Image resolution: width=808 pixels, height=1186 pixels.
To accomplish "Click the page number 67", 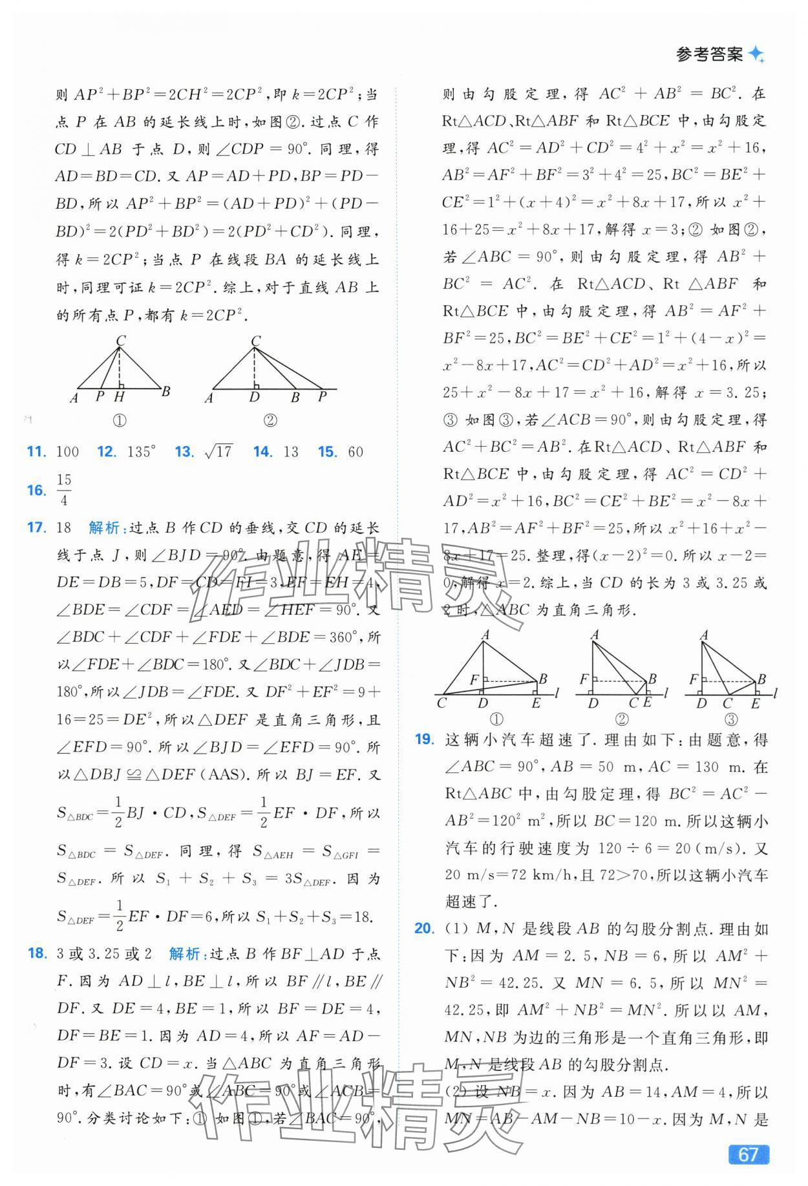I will [748, 1154].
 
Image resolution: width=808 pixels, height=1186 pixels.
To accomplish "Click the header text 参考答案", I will [709, 55].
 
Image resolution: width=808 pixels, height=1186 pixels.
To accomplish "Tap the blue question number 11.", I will [36, 452].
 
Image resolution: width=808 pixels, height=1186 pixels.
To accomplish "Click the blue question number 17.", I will [36, 527].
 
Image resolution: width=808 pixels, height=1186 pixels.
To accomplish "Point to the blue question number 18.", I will [36, 953].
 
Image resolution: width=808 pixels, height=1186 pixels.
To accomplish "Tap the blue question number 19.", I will [424, 739].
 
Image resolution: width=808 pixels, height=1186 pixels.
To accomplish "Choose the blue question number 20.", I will [424, 929].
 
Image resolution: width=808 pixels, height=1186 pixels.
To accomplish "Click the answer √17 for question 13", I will [218, 452].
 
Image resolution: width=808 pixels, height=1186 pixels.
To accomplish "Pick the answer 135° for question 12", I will [141, 452].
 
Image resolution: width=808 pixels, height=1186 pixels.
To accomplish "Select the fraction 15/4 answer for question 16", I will [64, 490].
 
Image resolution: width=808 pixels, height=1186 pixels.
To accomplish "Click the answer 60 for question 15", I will [356, 452].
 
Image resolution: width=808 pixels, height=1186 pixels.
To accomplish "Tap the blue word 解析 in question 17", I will [104, 527].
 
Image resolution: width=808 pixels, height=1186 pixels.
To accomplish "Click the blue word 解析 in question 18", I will [184, 953].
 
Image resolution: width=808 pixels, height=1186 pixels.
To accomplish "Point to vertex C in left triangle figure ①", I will [120, 341].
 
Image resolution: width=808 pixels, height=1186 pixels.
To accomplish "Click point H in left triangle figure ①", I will [120, 397].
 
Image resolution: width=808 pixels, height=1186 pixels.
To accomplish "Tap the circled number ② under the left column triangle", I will [270, 420].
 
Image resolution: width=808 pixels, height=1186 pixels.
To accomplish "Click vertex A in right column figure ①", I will [485, 635].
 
